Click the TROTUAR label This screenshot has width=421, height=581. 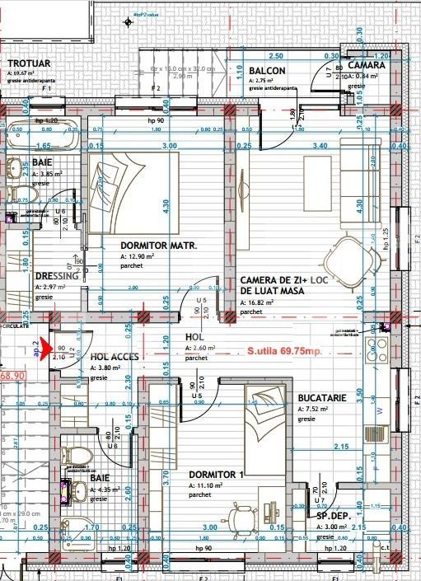click(29, 63)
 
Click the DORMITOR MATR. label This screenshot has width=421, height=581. click(157, 246)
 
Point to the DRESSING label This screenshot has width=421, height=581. click(57, 276)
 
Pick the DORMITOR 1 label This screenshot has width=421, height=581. click(216, 475)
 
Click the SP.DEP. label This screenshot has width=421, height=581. click(334, 516)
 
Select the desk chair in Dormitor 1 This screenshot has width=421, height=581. click(246, 518)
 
